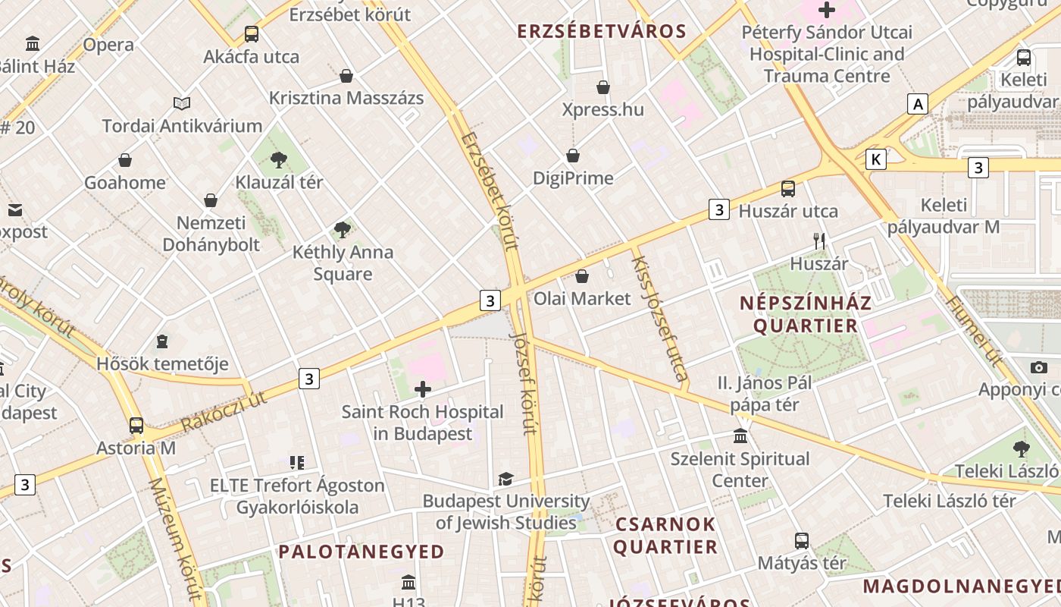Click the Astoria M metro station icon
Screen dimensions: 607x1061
click(x=136, y=425)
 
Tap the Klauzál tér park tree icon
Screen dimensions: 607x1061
click(x=279, y=159)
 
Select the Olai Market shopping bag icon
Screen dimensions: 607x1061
click(x=582, y=276)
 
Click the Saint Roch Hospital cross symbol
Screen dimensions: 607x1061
click(x=423, y=390)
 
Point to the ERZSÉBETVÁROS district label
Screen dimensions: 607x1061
click(x=602, y=32)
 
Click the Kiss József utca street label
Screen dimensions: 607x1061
click(x=659, y=319)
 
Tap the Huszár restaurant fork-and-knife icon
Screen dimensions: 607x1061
click(x=818, y=241)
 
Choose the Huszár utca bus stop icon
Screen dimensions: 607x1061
click(x=788, y=189)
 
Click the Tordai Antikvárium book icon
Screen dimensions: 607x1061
click(x=182, y=103)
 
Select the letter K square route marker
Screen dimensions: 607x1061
click(x=876, y=159)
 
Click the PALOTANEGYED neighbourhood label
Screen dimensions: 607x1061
click(x=361, y=552)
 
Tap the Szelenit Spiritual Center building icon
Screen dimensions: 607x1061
click(x=740, y=436)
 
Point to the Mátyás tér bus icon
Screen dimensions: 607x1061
click(x=802, y=541)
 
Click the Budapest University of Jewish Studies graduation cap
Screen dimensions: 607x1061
click(x=505, y=479)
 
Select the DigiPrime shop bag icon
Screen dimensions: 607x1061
click(x=573, y=156)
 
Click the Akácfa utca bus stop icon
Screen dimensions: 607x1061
click(x=252, y=34)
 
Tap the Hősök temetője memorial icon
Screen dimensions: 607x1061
click(x=161, y=341)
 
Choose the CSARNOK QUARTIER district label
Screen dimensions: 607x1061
click(x=665, y=536)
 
